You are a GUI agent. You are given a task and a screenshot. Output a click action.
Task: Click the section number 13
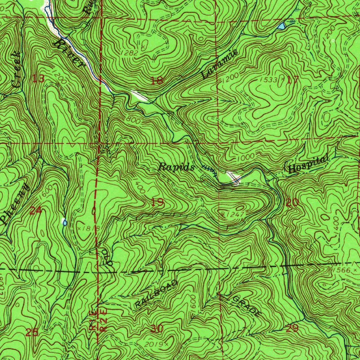pyautogui.click(x=38, y=78)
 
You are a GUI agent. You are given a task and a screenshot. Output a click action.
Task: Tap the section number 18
pyautogui.click(x=157, y=81)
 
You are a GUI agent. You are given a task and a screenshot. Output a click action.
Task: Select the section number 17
pyautogui.click(x=292, y=80)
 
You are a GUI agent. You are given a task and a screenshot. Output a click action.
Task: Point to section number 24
pyautogui.click(x=36, y=211)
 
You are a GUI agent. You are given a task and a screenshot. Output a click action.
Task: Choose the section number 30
pyautogui.click(x=157, y=329)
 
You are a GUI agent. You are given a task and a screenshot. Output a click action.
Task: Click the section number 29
pyautogui.click(x=292, y=328)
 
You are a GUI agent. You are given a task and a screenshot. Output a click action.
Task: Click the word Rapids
pyautogui.click(x=176, y=167)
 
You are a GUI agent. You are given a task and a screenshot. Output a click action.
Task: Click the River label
pyautogui.click(x=70, y=53)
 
